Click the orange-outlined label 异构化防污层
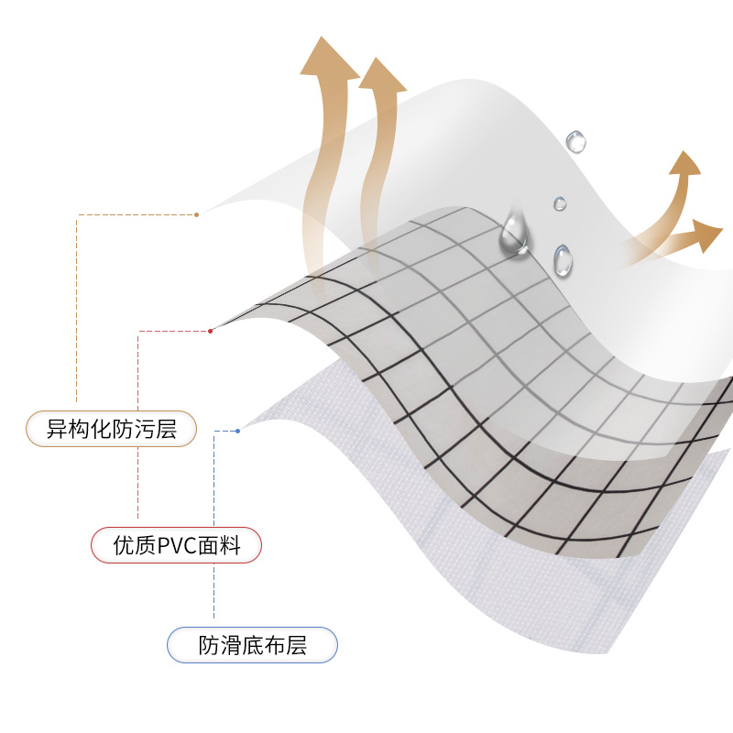coord(111,428)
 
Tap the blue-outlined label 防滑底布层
coord(252,646)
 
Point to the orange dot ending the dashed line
coord(196,214)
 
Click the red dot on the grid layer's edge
coord(211,331)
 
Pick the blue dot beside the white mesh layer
coord(238,431)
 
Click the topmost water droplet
coord(575,141)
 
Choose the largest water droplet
coord(514,235)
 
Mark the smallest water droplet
coord(560,203)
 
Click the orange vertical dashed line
coord(77,312)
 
